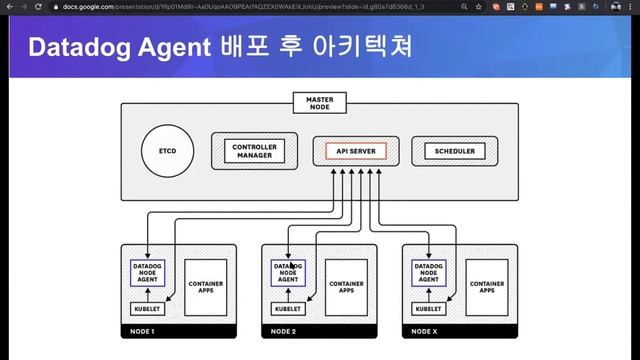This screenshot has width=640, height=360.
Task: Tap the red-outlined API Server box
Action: tap(356, 152)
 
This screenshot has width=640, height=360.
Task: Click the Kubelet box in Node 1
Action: tap(148, 309)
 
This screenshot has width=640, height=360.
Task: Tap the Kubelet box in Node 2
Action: tap(289, 309)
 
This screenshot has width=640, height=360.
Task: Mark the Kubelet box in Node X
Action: tap(428, 309)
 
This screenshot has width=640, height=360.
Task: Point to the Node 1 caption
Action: tap(142, 330)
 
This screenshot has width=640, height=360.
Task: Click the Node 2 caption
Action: tap(282, 330)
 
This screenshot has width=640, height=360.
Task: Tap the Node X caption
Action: tap(422, 330)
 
